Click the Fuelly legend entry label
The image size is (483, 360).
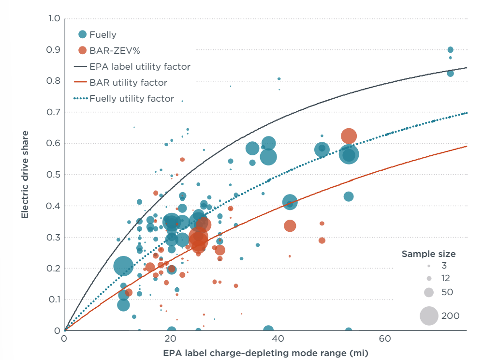point(103,34)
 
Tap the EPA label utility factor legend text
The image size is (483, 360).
point(140,66)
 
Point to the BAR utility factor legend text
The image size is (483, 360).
point(128,83)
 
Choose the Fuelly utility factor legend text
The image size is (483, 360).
point(132,99)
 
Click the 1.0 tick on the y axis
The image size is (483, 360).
point(54,19)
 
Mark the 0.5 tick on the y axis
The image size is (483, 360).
point(54,175)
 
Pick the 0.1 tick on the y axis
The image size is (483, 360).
point(54,300)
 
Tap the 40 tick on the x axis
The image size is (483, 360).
point(278,338)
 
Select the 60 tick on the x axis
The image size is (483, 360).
point(385,338)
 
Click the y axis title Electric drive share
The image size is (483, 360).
point(25,174)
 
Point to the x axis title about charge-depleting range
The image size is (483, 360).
point(265,353)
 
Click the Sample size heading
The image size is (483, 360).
point(428,254)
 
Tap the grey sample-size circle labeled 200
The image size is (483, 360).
point(429,316)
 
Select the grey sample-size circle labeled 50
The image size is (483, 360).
point(428,292)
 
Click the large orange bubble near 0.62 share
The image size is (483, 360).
point(349,136)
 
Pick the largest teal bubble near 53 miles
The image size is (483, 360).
point(349,155)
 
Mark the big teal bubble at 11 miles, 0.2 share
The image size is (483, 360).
point(123,266)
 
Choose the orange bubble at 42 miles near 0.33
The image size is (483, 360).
point(290,226)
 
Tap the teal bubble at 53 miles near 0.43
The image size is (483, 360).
point(349,196)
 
